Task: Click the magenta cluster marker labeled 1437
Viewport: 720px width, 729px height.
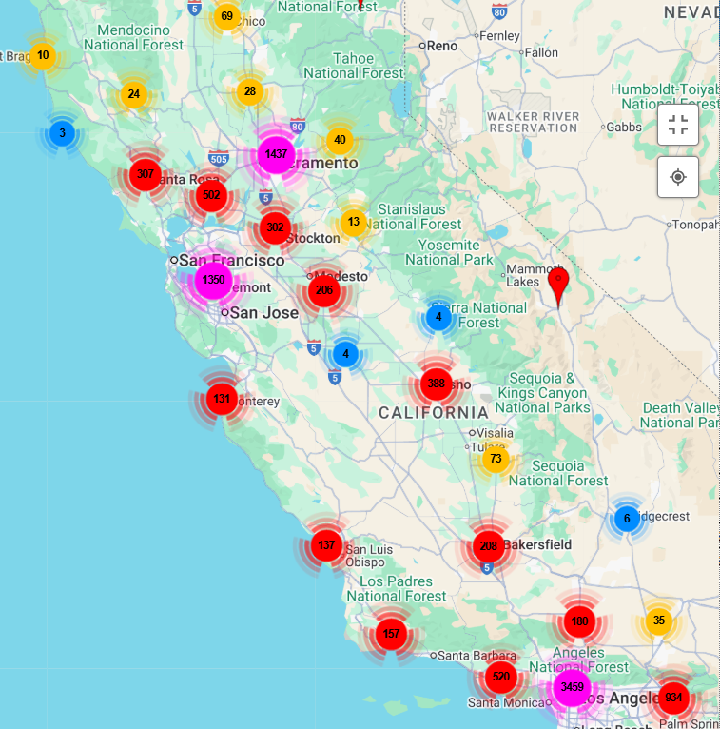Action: pos(276,154)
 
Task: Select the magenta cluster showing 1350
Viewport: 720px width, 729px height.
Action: pos(213,280)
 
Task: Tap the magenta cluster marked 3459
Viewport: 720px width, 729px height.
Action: pos(572,687)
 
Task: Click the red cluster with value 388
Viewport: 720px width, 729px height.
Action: pos(437,384)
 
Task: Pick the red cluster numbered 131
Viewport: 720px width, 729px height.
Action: pos(222,399)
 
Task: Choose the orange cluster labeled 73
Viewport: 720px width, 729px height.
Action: pos(495,460)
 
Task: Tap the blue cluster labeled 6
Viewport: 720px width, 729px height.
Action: pos(626,519)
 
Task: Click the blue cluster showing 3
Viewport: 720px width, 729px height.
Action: pos(62,133)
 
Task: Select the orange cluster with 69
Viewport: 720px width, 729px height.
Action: pos(226,16)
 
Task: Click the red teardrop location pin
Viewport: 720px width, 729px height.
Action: pos(558,284)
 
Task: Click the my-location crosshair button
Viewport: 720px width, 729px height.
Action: pos(677,177)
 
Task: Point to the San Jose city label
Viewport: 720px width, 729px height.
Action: pos(263,312)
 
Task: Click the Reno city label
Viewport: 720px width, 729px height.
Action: pos(441,45)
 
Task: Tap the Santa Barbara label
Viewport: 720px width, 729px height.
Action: pos(475,655)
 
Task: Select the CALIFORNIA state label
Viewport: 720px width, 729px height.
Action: pos(433,413)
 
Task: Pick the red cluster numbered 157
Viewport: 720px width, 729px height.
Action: pos(390,634)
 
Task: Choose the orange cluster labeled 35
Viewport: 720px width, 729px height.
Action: pos(659,621)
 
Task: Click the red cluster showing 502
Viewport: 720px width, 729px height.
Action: pos(211,196)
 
